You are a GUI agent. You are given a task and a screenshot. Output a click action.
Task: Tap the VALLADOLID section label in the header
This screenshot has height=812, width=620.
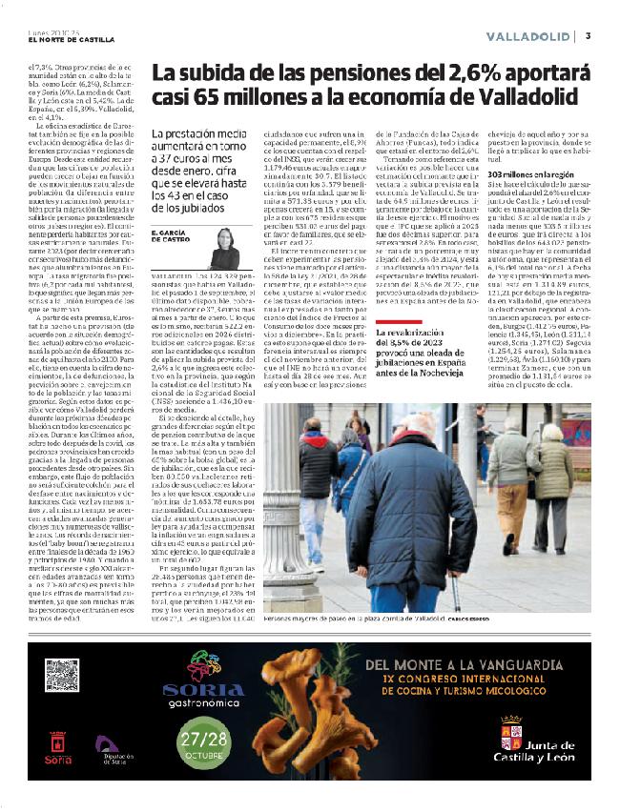[527, 36]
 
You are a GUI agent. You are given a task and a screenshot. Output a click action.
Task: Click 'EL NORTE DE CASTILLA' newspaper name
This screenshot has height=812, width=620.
[72, 39]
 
